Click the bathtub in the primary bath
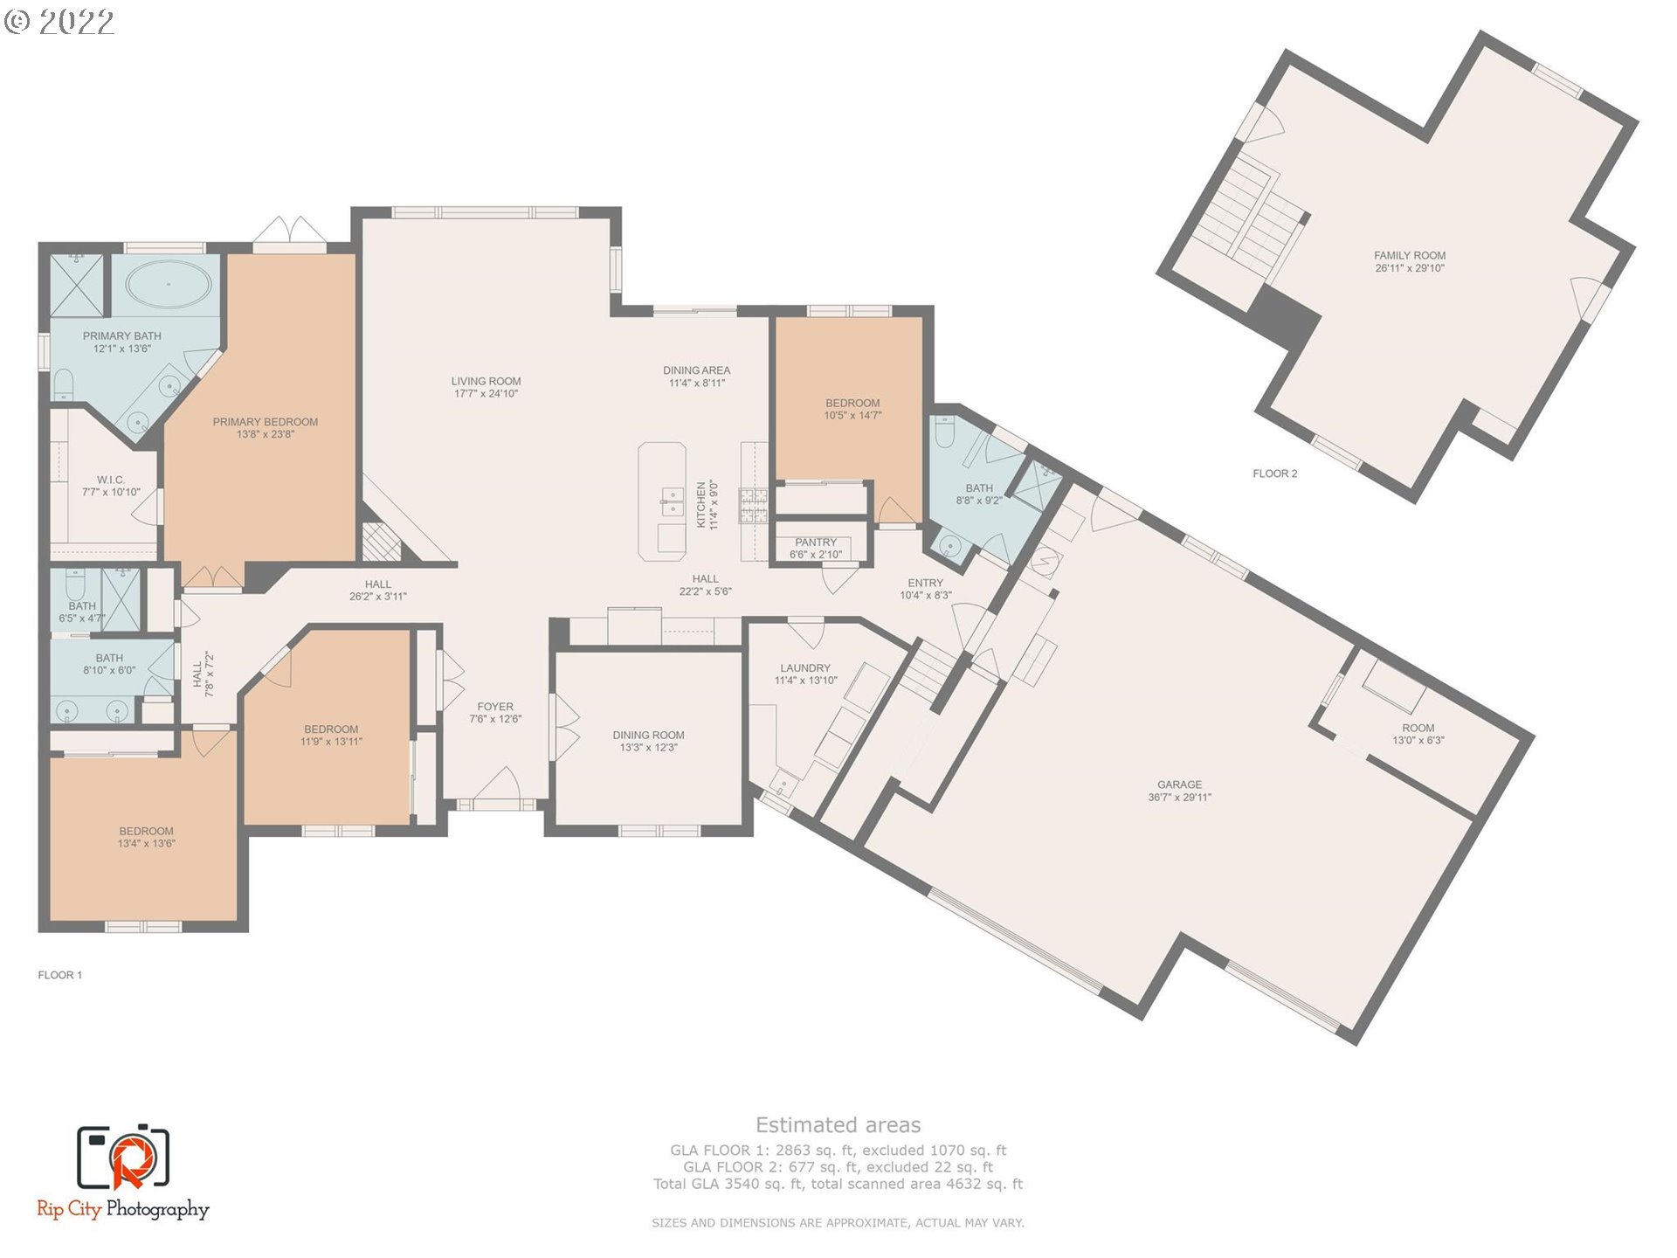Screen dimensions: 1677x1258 (x=169, y=284)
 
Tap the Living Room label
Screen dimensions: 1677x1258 (x=486, y=381)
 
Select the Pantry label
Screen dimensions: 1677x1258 (x=816, y=543)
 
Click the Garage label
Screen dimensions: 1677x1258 (x=1179, y=785)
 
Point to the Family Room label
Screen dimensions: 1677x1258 (x=1410, y=256)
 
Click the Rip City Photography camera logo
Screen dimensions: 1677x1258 (x=123, y=1158)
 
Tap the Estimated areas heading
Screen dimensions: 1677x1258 (x=838, y=1125)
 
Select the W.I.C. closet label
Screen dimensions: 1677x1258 (x=111, y=480)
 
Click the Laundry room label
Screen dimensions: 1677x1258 (x=805, y=668)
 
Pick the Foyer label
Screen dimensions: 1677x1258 (x=495, y=707)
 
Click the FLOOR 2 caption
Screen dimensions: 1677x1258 (x=1274, y=473)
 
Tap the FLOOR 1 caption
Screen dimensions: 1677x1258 (x=59, y=975)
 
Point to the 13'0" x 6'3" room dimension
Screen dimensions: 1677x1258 (x=1418, y=740)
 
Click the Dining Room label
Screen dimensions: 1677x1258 (x=648, y=736)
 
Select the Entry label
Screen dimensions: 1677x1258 (x=925, y=583)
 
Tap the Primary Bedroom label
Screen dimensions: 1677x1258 (x=266, y=422)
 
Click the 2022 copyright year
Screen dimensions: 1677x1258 (x=76, y=21)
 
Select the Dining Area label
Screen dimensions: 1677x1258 (x=696, y=370)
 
